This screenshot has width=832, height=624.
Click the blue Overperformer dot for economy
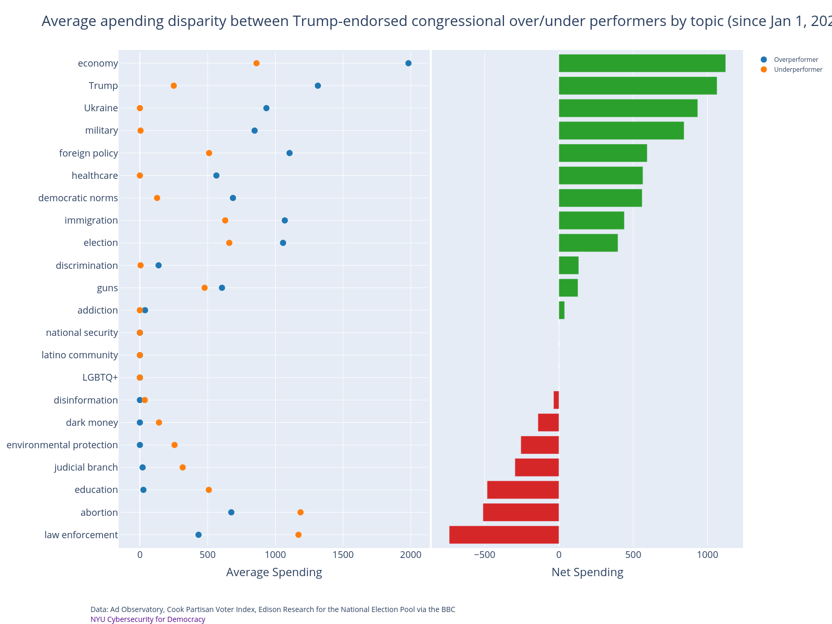coord(408,63)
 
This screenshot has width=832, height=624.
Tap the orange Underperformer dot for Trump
coord(174,86)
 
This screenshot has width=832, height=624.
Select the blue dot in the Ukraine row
coord(266,108)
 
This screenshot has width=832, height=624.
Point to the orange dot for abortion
coord(301,512)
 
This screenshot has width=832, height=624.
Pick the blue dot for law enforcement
coord(198,535)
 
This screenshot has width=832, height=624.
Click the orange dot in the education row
coord(209,490)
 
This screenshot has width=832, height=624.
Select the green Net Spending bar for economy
coord(642,63)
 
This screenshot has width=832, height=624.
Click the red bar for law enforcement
coord(504,535)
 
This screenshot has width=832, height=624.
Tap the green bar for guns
coord(568,288)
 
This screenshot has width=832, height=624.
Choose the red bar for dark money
coord(548,422)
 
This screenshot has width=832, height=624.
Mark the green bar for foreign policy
coord(603,153)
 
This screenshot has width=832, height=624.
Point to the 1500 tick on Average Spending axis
coord(343,555)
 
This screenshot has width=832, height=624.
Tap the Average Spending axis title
coord(274,573)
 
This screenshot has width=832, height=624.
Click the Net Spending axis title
coord(587,573)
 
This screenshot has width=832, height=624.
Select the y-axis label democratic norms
coord(78,198)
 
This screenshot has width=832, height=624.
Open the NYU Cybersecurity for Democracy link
coord(148,619)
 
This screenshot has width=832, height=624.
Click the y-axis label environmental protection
coord(62,445)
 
